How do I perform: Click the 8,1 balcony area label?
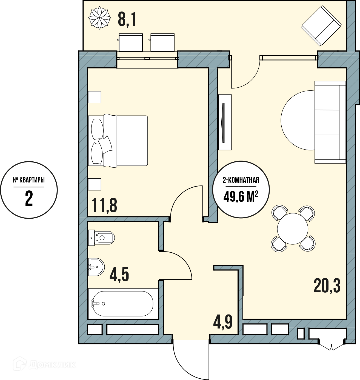(x=127, y=19)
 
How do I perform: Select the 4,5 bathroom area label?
(x=119, y=274)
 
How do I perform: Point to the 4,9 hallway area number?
(x=222, y=322)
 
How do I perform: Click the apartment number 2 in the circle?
(x=29, y=199)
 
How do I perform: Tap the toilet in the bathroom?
(x=101, y=238)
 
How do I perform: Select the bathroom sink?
(x=96, y=267)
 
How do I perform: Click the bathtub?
(x=123, y=304)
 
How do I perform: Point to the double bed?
(x=118, y=141)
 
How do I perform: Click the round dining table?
(x=293, y=228)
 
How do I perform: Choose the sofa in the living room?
(x=330, y=122)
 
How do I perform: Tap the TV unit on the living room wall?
(x=225, y=122)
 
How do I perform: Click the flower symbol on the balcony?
(x=99, y=18)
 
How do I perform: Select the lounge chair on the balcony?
(x=321, y=26)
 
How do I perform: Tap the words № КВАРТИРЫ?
(x=29, y=180)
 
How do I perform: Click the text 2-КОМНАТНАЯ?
(x=241, y=180)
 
